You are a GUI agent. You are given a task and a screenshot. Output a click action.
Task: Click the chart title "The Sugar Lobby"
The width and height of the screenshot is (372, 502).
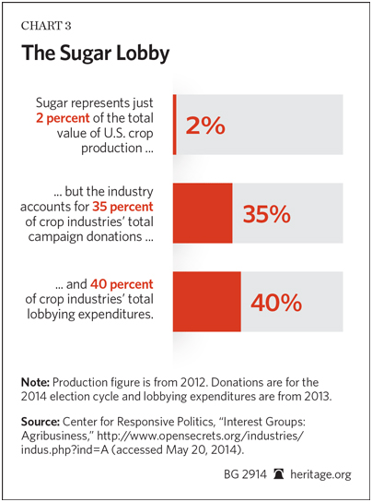point(95,54)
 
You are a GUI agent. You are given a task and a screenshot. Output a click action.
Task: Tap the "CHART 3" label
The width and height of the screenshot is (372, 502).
point(46,26)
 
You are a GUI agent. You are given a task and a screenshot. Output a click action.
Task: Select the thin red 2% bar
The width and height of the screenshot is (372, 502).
point(175,125)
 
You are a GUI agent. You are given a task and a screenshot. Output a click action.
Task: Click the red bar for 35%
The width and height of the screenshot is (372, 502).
point(203,213)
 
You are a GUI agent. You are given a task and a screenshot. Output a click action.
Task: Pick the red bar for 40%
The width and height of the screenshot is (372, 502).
point(207,301)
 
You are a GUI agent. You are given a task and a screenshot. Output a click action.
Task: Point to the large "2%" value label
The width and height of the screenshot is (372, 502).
point(205,125)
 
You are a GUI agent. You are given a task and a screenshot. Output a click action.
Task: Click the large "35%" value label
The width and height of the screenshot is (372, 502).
point(266,214)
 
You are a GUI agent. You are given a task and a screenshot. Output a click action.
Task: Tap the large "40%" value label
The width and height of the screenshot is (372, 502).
point(276,303)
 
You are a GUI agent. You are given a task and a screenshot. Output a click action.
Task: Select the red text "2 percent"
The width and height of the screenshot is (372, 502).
point(63,118)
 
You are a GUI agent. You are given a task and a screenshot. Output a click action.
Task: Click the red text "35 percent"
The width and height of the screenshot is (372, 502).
point(122,207)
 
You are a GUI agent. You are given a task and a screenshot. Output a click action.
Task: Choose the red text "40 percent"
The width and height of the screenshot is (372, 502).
point(122,284)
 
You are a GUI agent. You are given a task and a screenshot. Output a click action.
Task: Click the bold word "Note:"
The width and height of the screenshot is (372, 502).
point(35,382)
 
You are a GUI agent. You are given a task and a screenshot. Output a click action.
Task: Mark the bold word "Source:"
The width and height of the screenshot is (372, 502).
point(41,422)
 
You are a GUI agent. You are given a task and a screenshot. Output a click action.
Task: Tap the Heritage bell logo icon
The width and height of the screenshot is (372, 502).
point(279,473)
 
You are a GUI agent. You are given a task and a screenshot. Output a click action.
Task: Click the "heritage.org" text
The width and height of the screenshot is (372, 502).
point(320,474)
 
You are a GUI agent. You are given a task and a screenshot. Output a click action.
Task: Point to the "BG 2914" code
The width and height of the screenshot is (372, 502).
point(245,474)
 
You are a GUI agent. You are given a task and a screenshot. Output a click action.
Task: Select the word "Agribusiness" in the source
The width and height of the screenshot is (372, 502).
point(53,436)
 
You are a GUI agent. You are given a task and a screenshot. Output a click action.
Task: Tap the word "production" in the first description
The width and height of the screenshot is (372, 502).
point(111,149)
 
